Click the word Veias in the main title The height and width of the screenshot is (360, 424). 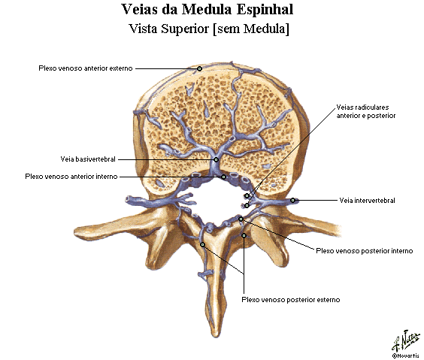click(140, 10)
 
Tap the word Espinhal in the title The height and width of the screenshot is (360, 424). click(265, 10)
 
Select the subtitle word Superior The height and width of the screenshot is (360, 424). click(185, 29)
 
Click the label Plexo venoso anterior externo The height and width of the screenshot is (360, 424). click(86, 68)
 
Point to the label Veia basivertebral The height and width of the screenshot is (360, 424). click(88, 159)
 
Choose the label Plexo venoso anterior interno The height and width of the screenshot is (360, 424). click(71, 177)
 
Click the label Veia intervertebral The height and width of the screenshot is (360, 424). click(367, 201)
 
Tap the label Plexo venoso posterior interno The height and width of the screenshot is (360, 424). click(365, 251)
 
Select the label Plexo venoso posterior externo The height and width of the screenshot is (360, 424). click(291, 299)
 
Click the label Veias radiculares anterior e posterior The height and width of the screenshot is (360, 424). click(366, 111)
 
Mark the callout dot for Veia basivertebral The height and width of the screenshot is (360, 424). click(216, 160)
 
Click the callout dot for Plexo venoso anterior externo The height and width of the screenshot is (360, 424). click(199, 68)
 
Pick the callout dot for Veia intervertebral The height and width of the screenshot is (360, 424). click(292, 200)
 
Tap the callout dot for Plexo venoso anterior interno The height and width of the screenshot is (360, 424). click(223, 177)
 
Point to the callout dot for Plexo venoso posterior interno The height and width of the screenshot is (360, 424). click(241, 219)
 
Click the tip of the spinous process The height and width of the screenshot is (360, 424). click(216, 335)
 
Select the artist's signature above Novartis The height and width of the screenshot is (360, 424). click(405, 340)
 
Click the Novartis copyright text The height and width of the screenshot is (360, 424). click(407, 355)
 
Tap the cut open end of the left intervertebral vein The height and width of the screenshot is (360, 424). click(129, 200)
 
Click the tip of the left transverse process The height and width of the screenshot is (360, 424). click(77, 231)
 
